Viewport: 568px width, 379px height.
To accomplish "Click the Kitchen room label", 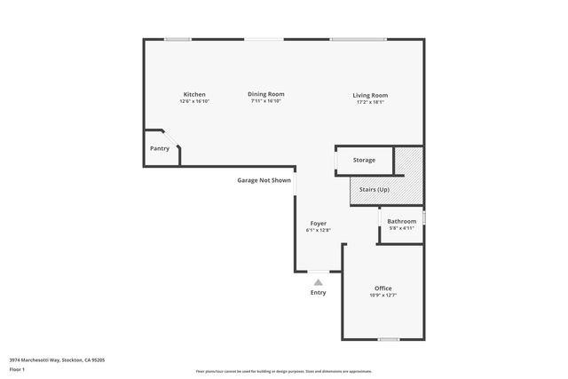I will [x=194, y=94].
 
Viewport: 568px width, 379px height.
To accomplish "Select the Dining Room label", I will [x=265, y=94].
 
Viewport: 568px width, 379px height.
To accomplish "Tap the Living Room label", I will [x=370, y=95].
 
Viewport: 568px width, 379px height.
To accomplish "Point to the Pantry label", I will [x=160, y=148].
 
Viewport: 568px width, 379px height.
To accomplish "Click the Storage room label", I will [x=364, y=160].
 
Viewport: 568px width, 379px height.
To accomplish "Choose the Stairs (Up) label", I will [x=374, y=190].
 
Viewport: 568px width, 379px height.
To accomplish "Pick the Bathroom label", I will [x=401, y=221].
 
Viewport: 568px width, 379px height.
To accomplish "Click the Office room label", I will [x=383, y=288].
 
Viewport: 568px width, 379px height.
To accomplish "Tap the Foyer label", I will [x=318, y=223].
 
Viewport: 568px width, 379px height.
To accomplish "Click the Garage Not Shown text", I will [x=264, y=180].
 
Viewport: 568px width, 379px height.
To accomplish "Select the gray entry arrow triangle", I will [x=318, y=282].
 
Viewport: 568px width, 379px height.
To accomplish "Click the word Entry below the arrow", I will [x=318, y=293].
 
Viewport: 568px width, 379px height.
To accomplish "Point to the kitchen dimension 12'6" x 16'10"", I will [x=194, y=101].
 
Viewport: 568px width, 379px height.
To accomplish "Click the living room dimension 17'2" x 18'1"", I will [x=370, y=102].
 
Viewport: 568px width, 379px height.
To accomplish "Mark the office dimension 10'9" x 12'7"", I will [x=383, y=295].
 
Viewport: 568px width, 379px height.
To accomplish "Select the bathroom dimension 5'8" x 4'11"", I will [x=401, y=228].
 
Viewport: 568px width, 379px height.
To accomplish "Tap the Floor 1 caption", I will [x=18, y=368].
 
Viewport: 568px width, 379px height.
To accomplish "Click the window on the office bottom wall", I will [x=388, y=339].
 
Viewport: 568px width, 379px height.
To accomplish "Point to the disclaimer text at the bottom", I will [x=284, y=371].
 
